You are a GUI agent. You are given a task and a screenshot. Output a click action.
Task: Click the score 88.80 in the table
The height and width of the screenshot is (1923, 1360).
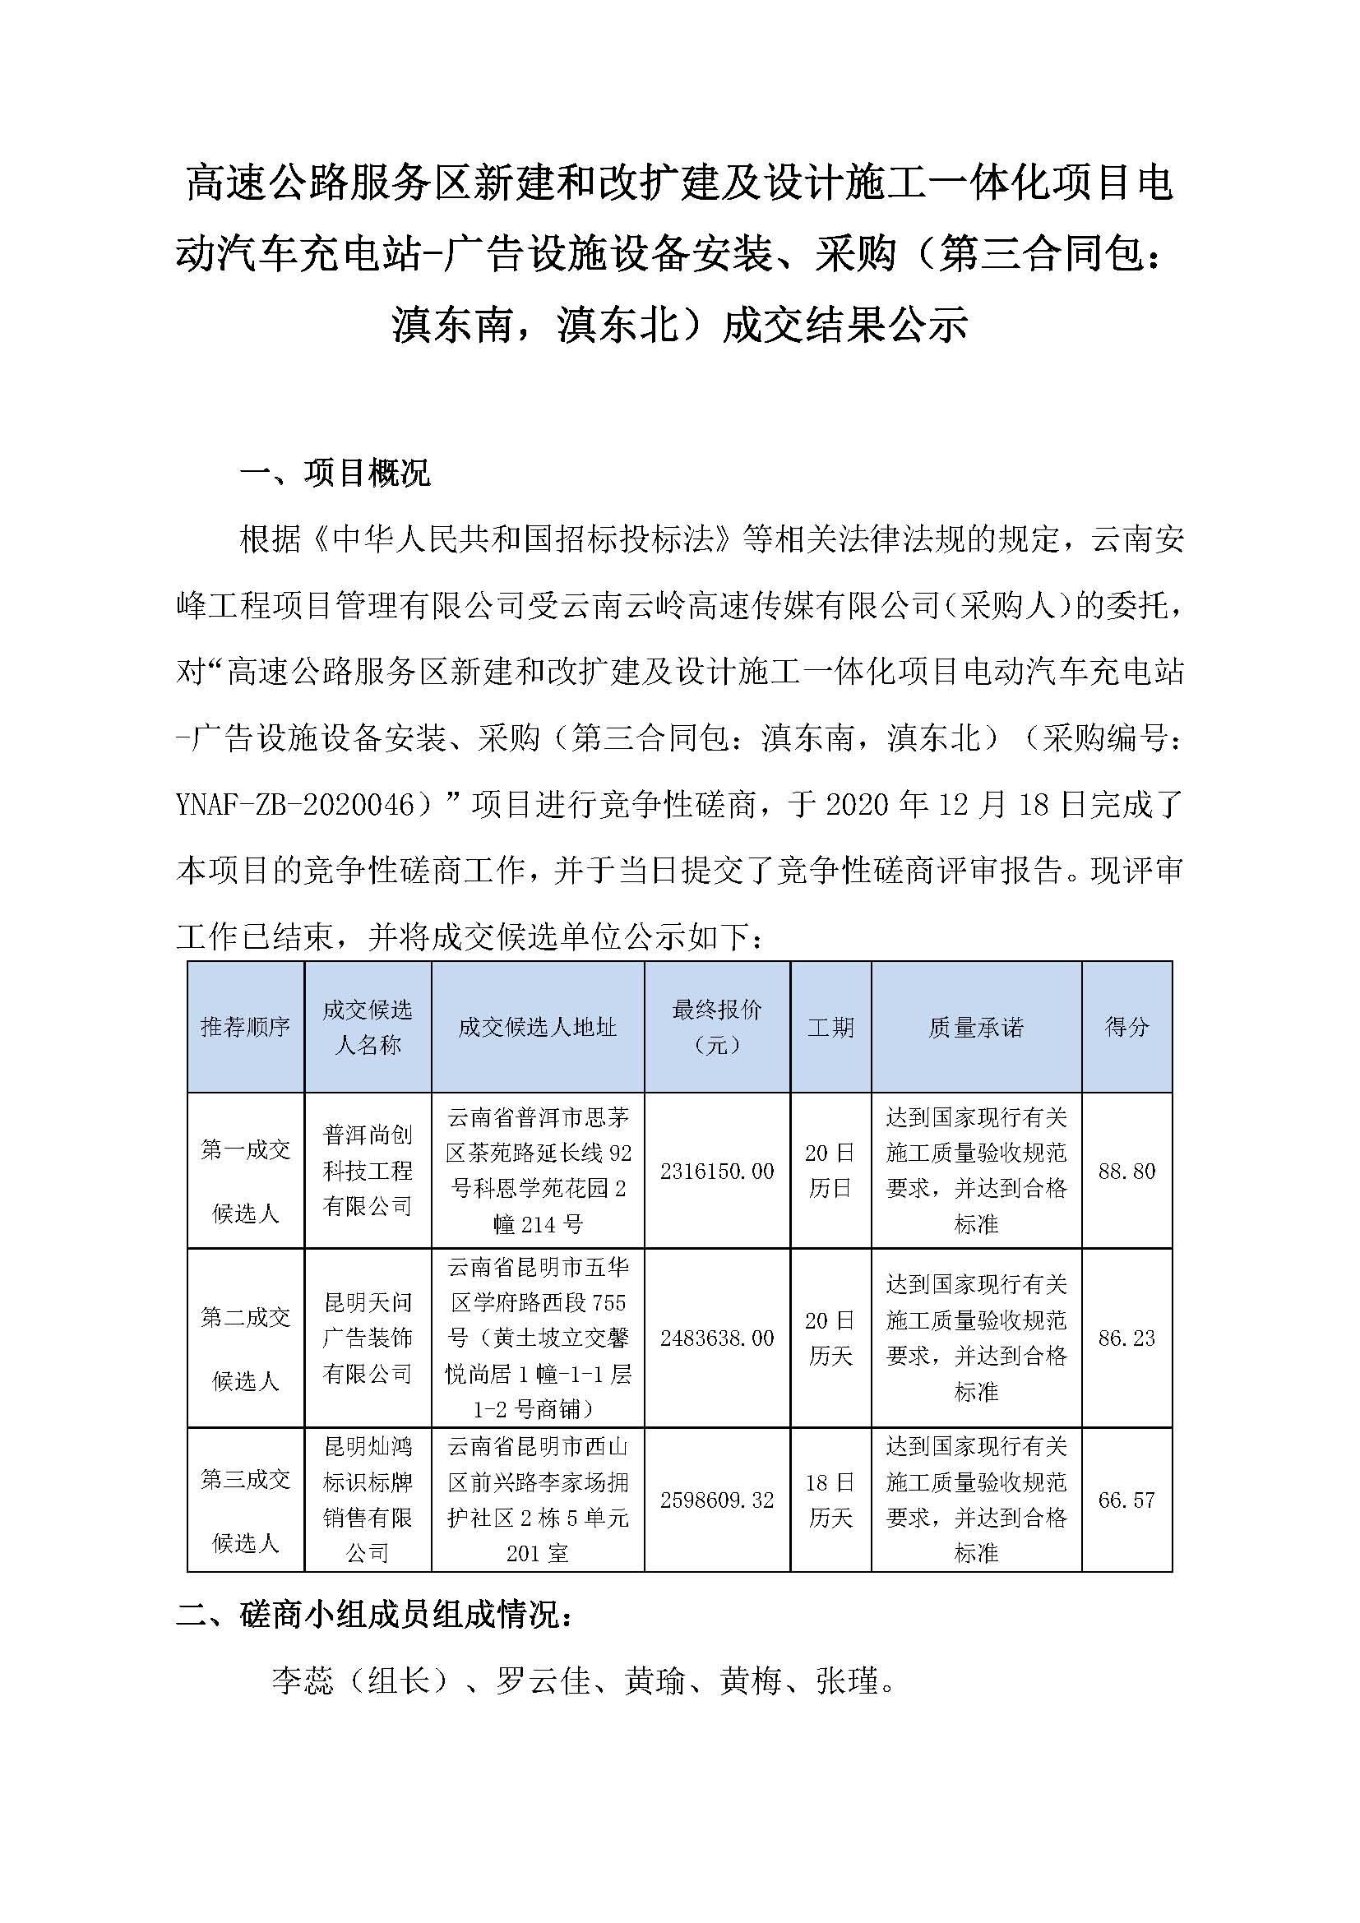[x=1126, y=1171]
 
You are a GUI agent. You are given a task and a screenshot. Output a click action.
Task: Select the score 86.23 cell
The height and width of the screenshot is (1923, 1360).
[x=1126, y=1338]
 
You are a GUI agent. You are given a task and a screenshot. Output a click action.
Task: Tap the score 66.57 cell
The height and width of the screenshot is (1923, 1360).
[x=1126, y=1500]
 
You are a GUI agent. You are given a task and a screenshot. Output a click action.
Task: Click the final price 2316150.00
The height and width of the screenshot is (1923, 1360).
[x=717, y=1171]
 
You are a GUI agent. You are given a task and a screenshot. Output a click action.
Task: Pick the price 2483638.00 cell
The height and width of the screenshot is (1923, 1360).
[x=717, y=1338]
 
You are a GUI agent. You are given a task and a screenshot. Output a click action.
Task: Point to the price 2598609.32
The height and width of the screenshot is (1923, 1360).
[x=717, y=1500]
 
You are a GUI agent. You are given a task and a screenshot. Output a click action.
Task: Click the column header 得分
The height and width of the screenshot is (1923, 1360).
[x=1126, y=1027]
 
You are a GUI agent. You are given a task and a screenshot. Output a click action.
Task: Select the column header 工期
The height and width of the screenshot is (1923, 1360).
[x=830, y=1027]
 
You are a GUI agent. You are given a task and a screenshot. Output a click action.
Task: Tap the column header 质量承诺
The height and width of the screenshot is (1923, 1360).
[x=976, y=1027]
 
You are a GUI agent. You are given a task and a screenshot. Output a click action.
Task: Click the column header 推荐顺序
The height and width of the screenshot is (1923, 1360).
[x=244, y=1027]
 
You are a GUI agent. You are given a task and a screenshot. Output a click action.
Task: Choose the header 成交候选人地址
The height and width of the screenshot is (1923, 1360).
[x=537, y=1027]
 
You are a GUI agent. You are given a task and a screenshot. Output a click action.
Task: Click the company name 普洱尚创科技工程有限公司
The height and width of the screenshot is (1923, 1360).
[x=368, y=1171]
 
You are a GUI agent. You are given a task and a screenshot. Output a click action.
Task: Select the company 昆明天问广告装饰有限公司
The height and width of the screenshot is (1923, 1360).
[x=368, y=1338]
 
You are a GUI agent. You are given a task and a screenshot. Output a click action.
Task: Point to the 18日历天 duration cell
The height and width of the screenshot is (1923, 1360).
[x=830, y=1500]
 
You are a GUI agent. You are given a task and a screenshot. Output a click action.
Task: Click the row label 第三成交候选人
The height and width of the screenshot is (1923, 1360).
[x=244, y=1500]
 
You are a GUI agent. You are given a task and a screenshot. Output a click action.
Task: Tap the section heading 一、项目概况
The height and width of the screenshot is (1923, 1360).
[x=335, y=474]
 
